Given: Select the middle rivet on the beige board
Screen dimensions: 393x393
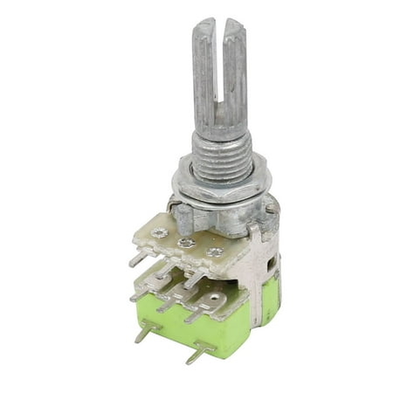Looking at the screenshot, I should pos(185,244).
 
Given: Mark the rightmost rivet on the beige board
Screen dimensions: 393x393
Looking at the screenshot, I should pos(210,253).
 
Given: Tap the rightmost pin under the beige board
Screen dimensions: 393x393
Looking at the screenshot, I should pos(197,279).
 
